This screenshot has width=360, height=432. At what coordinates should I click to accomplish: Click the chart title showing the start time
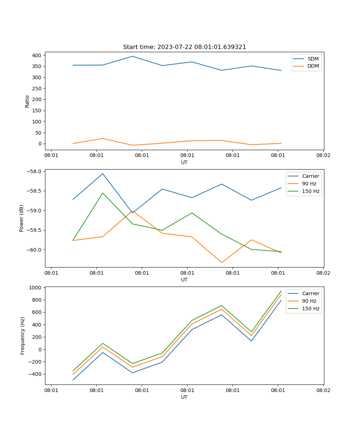pos(184,47)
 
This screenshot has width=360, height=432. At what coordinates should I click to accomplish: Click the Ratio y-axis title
pos(27,101)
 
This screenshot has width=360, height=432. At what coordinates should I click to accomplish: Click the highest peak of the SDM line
pos(132,56)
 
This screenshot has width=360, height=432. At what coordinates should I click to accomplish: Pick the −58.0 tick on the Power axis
pos(35,171)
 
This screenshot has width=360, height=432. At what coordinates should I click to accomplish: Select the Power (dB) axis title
pos(22,218)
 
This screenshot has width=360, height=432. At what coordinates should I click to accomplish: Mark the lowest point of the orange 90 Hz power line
pos(222,262)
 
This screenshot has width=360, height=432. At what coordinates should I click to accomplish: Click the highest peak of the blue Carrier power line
pos(103,174)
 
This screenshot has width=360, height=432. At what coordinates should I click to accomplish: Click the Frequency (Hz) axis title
pos(23,336)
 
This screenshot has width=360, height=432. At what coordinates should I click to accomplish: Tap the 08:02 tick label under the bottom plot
pos(323,390)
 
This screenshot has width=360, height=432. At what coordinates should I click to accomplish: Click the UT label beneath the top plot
pos(184,162)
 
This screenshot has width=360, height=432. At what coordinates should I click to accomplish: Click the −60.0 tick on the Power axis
pos(35,250)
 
